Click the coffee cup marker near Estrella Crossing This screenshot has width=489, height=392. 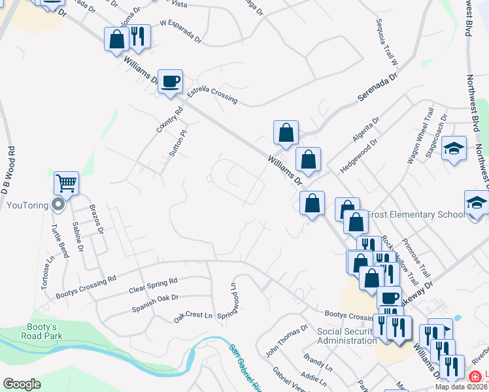coord(170,82)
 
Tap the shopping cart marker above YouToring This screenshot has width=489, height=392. coord(66,184)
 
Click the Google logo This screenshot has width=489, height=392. coord(22,384)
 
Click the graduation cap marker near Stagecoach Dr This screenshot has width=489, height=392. coord(453,149)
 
